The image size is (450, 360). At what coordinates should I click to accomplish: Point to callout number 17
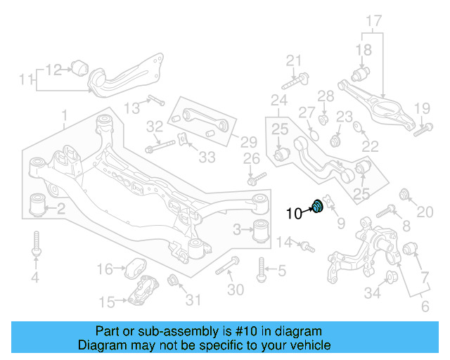[373, 20]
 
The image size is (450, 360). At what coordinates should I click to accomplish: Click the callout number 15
[107, 303]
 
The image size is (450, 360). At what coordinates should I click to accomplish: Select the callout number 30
[236, 289]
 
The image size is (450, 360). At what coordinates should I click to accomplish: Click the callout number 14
[284, 243]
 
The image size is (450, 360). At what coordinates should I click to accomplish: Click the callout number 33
[207, 157]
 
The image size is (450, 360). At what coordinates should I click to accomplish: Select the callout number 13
[133, 108]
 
